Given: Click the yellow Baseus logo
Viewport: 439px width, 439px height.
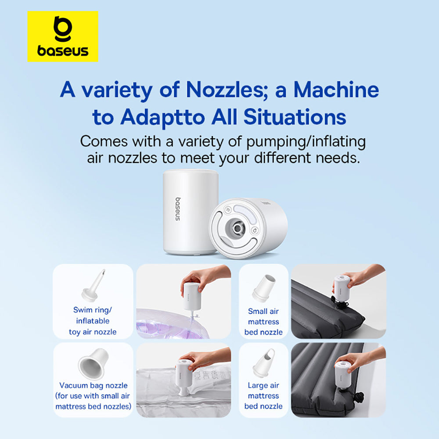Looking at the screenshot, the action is [x=63, y=36].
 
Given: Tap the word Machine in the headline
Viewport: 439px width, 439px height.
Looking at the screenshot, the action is [x=336, y=90].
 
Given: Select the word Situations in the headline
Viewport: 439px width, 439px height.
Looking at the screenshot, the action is [x=295, y=117].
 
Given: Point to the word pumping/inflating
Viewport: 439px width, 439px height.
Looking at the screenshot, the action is [x=306, y=142].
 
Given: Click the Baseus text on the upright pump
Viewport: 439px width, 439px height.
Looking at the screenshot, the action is [x=178, y=209].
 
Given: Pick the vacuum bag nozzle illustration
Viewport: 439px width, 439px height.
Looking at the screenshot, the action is [x=93, y=363].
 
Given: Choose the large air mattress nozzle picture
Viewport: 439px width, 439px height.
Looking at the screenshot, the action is [x=264, y=363].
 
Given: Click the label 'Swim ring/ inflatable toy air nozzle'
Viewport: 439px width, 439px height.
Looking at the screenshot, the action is [x=93, y=321].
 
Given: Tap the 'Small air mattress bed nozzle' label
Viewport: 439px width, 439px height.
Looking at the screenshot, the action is [x=263, y=322].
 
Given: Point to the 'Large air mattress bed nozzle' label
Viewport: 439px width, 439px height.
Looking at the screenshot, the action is [x=263, y=396].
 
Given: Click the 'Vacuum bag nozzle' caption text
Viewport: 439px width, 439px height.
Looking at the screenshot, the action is [x=93, y=385].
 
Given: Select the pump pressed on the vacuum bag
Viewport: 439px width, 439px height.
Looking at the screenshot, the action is [x=184, y=377].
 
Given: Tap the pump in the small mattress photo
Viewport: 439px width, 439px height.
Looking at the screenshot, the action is [x=342, y=289].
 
